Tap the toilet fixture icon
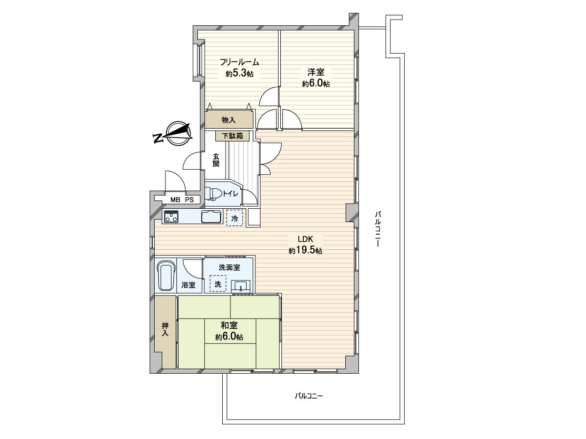213,193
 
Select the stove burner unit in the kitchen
171,216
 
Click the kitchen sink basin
211,217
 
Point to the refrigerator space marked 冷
235,218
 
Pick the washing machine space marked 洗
218,283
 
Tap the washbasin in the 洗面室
241,287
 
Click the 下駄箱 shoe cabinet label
232,136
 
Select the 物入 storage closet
229,120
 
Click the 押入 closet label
165,329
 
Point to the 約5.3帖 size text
239,74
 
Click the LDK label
305,239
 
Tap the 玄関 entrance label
216,160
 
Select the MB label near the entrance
175,200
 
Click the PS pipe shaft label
189,200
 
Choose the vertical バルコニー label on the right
377,229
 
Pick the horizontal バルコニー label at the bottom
309,403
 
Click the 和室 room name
229,325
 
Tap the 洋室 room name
316,72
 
